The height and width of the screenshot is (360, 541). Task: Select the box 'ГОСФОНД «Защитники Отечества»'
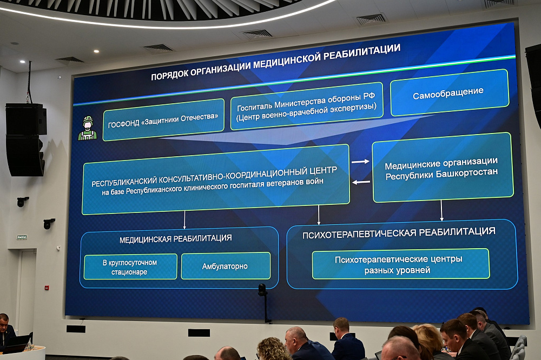(x=163, y=119)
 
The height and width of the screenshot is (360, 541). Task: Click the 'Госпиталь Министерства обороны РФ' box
(x=306, y=105)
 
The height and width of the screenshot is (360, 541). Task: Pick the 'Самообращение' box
(x=448, y=92)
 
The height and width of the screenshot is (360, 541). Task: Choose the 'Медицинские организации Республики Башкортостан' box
(x=441, y=168)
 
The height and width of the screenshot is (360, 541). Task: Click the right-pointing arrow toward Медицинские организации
(x=360, y=161)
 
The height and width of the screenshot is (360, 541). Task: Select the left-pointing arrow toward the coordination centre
(x=361, y=182)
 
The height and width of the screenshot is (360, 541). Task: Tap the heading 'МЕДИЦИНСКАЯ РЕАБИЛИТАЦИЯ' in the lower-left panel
(x=176, y=238)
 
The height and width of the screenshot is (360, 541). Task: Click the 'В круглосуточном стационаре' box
(x=130, y=266)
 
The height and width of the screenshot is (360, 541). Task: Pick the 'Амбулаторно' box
(x=225, y=266)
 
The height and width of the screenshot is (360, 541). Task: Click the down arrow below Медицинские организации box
(x=441, y=210)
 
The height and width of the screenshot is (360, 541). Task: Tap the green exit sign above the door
(x=22, y=237)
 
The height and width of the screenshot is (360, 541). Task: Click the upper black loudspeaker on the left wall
(x=25, y=119)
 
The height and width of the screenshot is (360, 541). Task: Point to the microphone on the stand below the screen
(x=262, y=290)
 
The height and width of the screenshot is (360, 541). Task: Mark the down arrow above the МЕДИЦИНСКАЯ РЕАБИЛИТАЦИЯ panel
(x=184, y=219)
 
